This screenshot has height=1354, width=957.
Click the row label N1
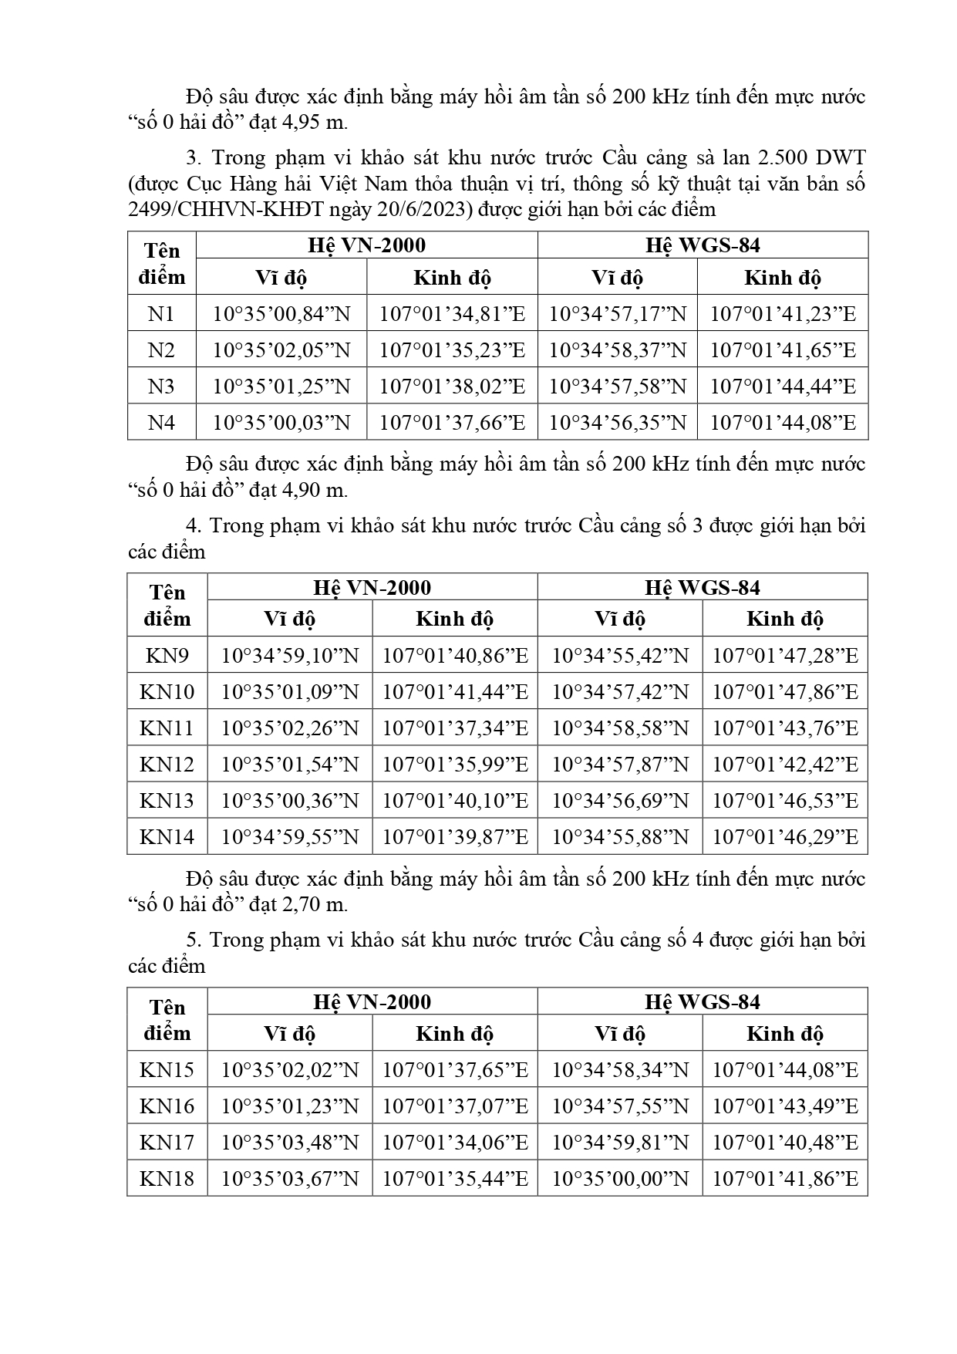coord(161,314)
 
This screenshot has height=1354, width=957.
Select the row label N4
coord(161,423)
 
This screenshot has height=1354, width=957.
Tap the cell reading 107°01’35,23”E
coord(452,350)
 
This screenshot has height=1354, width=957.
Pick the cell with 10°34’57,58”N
coord(617,387)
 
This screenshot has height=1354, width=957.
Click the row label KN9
coord(167,656)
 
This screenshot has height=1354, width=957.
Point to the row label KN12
coord(167,765)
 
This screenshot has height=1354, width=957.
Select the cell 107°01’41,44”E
coord(455,692)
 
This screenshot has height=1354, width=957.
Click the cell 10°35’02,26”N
coord(290,728)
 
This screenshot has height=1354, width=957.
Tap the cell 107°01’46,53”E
coord(785,801)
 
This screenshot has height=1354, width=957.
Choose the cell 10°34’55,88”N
coord(620,837)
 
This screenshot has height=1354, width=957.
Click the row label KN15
coord(167,1070)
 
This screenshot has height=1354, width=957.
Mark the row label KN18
coord(167,1179)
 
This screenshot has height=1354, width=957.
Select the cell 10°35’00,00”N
coord(620,1179)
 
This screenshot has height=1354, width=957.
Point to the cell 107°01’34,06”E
coord(455,1143)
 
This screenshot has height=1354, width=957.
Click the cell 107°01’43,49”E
coord(785,1106)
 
